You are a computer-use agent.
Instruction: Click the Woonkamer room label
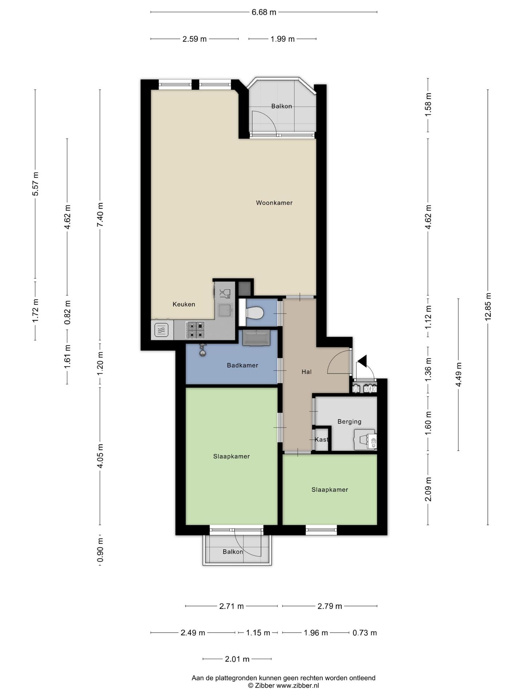point(274,203)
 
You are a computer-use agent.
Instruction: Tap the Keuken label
point(184,304)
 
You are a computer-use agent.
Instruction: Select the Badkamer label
point(243,365)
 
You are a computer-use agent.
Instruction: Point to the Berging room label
point(349,422)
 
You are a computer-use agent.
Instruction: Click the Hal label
point(307,372)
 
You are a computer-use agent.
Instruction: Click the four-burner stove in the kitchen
point(195,330)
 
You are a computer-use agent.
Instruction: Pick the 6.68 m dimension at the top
point(264,12)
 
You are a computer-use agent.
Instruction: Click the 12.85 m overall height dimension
point(488,306)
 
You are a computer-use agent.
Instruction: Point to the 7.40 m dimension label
point(100,215)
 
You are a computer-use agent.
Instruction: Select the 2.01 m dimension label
point(237,659)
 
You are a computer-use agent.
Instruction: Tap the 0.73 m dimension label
point(365,633)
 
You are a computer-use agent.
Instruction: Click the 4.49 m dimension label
point(458,375)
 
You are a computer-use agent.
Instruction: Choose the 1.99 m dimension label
point(283,39)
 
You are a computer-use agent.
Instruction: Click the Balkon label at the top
point(282,106)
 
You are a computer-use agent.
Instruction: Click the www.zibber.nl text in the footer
point(298,686)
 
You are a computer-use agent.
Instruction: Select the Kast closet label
point(321,440)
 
